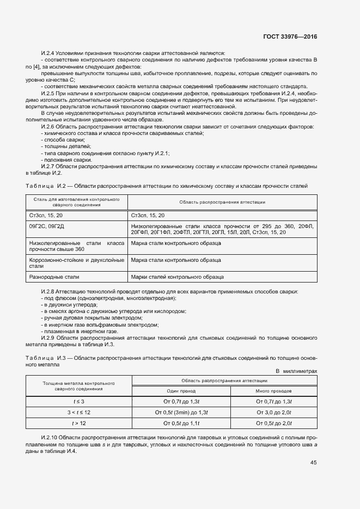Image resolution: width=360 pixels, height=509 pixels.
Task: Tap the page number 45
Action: click(313, 463)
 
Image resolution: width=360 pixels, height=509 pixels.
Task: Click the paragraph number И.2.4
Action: click(49, 53)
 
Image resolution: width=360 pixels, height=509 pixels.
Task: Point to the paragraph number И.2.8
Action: click(49, 292)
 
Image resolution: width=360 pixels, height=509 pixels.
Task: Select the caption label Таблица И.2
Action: click(43, 186)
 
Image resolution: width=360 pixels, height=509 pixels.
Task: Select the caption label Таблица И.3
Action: click(43, 358)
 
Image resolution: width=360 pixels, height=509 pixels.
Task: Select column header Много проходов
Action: click(273, 391)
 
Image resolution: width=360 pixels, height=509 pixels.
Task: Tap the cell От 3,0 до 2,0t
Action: click(273, 412)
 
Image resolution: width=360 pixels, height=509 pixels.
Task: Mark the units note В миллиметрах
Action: click(296, 371)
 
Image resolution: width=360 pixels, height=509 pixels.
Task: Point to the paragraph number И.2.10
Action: click(51, 438)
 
